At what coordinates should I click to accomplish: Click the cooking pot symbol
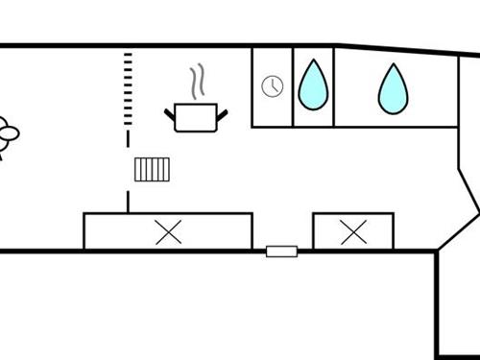(198, 118)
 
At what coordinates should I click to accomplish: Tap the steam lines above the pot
(198, 83)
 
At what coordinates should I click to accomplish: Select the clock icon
(273, 86)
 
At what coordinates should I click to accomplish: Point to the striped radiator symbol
(153, 169)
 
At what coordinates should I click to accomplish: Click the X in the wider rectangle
(169, 231)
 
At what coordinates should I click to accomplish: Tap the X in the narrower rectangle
(353, 231)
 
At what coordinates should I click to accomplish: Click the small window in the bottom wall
(281, 252)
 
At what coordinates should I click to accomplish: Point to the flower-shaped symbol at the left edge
(8, 136)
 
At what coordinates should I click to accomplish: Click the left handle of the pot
(170, 114)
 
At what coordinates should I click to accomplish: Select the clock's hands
(275, 85)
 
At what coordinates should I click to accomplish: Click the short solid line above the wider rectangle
(128, 202)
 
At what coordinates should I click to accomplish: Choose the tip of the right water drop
(392, 66)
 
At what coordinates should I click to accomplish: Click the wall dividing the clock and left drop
(293, 86)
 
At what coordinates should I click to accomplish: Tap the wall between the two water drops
(333, 86)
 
